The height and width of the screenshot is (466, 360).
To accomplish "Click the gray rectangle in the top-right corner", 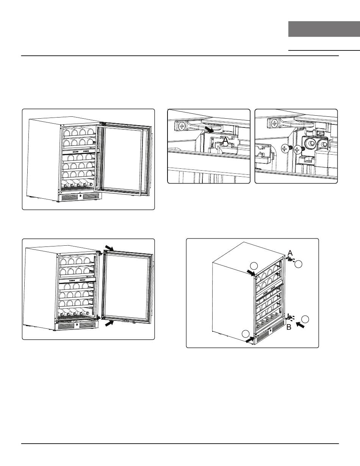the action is coord(324,29).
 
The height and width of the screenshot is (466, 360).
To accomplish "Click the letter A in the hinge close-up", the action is coord(225,141).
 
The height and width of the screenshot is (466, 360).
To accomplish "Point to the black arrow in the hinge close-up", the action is coord(209,129).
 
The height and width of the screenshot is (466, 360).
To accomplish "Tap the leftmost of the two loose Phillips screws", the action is coord(285,149).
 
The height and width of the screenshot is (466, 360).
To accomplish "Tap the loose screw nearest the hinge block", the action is coord(297,149).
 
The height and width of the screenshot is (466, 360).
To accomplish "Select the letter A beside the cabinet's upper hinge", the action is coord(290,253).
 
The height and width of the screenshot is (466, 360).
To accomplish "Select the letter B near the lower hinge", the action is coord(289,327).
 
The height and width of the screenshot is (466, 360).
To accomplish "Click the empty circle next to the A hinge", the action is coord(298,264).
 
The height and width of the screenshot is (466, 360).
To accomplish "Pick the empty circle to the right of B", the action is coord(305,319).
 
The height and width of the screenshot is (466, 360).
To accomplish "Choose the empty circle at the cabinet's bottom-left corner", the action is coord(246,334).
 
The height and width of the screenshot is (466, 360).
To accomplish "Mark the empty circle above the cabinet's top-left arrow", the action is coord(254,266).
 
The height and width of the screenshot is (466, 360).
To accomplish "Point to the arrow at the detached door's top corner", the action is coord(109,248).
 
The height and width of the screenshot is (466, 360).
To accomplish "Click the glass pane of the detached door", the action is coord(127,286).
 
